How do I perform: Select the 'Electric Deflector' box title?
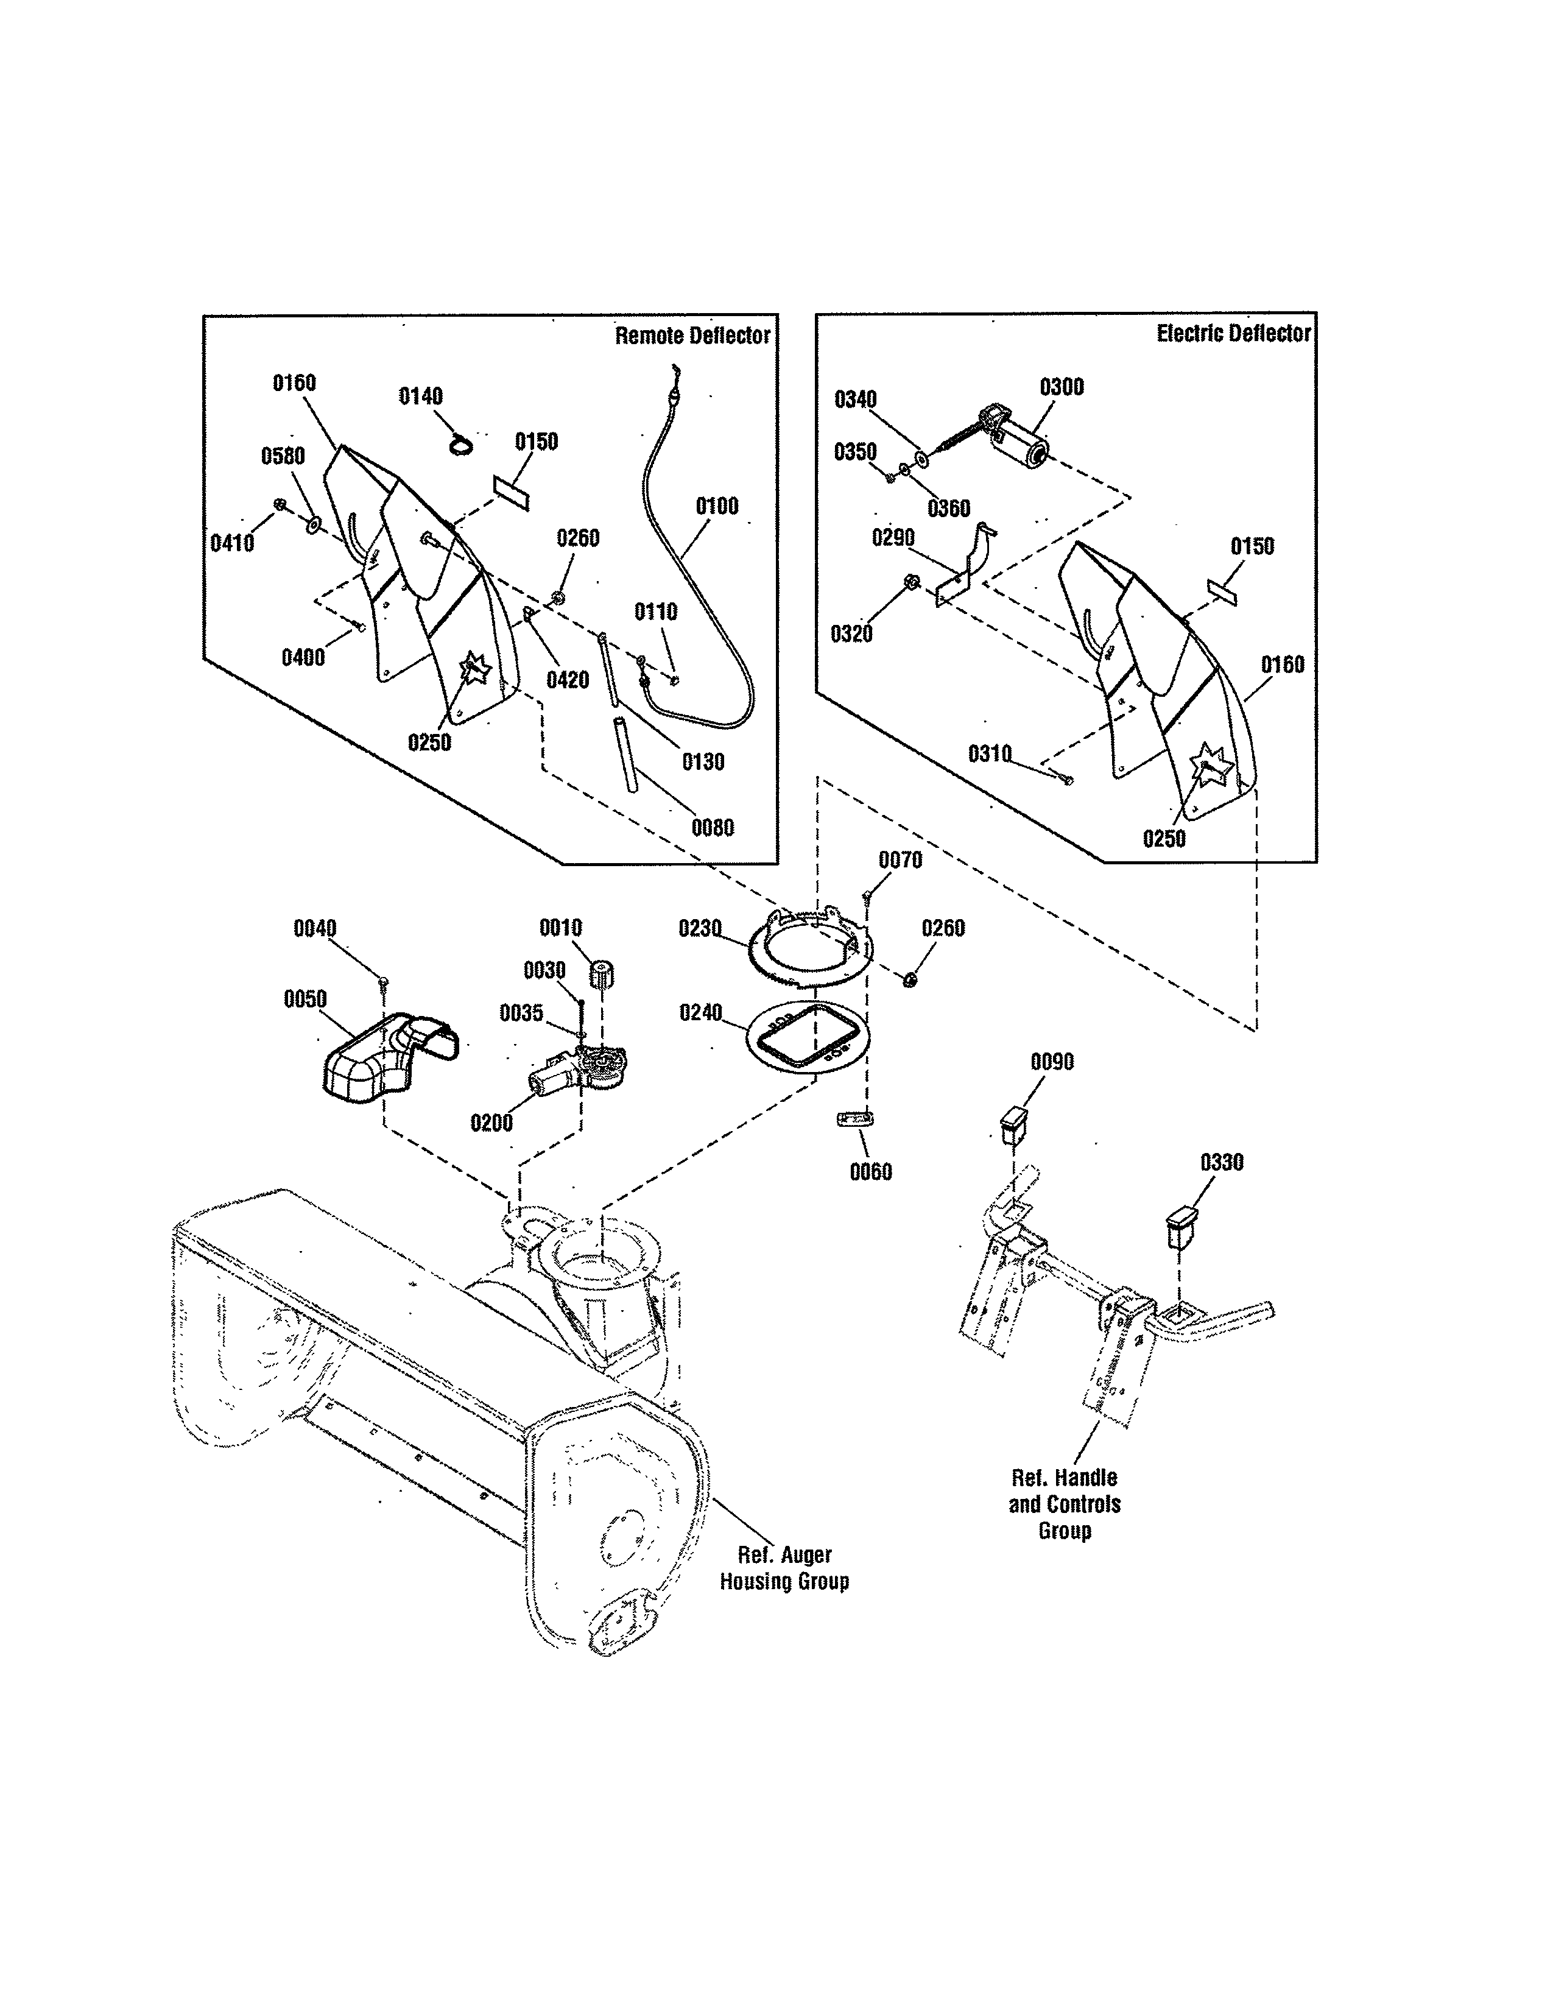1233,333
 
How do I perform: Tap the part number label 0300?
1062,387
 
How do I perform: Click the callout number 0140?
420,397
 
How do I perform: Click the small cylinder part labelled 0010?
602,975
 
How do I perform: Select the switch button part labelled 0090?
1012,1124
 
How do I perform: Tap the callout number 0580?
283,456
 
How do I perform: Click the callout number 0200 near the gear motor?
491,1123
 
